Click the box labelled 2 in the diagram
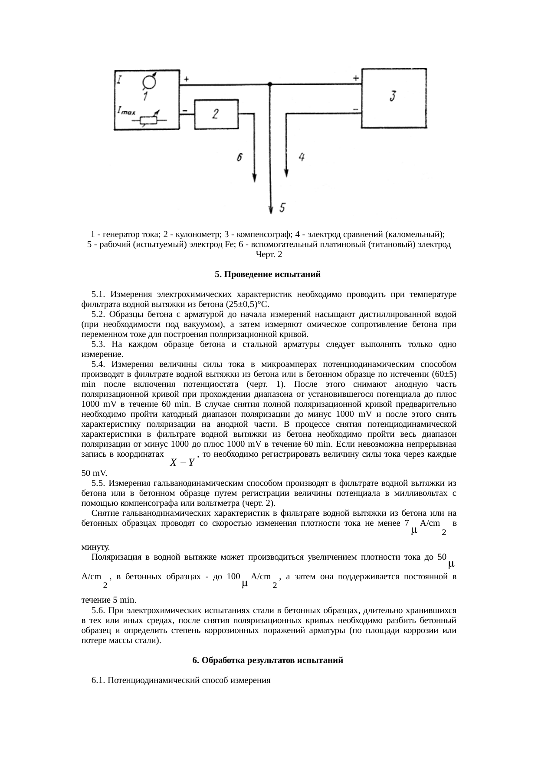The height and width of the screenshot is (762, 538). (x=216, y=114)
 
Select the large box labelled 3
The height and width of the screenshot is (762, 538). (x=394, y=98)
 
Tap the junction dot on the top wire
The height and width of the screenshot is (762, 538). (x=270, y=84)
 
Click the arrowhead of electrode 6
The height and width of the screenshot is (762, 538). (x=255, y=178)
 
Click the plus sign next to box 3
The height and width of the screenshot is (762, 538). (x=356, y=79)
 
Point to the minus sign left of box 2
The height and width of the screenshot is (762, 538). (x=185, y=111)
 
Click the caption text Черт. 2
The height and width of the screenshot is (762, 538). (x=269, y=254)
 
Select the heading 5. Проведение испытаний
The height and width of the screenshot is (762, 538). (x=268, y=274)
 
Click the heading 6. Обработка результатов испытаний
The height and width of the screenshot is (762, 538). (x=268, y=660)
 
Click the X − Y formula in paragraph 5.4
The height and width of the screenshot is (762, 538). (x=182, y=463)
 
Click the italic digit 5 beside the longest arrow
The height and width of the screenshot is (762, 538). (x=282, y=208)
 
